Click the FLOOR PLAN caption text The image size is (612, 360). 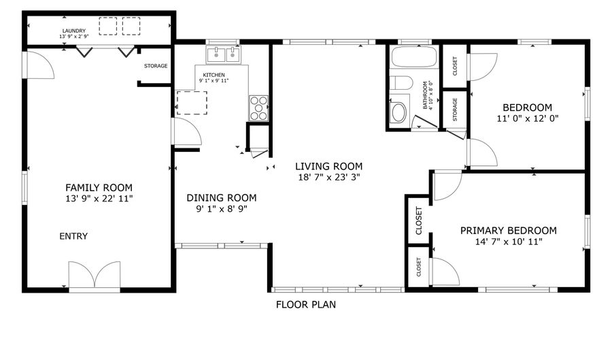pos(305,305)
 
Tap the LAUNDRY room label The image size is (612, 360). pos(73,31)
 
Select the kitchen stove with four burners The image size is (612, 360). pos(259,108)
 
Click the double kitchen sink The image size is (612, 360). pos(224,54)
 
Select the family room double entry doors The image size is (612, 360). pos(95,278)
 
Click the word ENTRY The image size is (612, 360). pos(73,236)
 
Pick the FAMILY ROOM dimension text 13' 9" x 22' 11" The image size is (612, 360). pos(99,199)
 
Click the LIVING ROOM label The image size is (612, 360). pos(328,166)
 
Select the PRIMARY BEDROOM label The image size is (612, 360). pos(508,231)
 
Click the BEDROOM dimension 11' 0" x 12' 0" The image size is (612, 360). pos(527,118)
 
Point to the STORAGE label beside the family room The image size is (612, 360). pos(156,66)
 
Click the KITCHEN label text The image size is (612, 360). pos(214,75)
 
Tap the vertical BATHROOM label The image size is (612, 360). pos(426,95)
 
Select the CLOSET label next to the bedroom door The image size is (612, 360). pos(454,65)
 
